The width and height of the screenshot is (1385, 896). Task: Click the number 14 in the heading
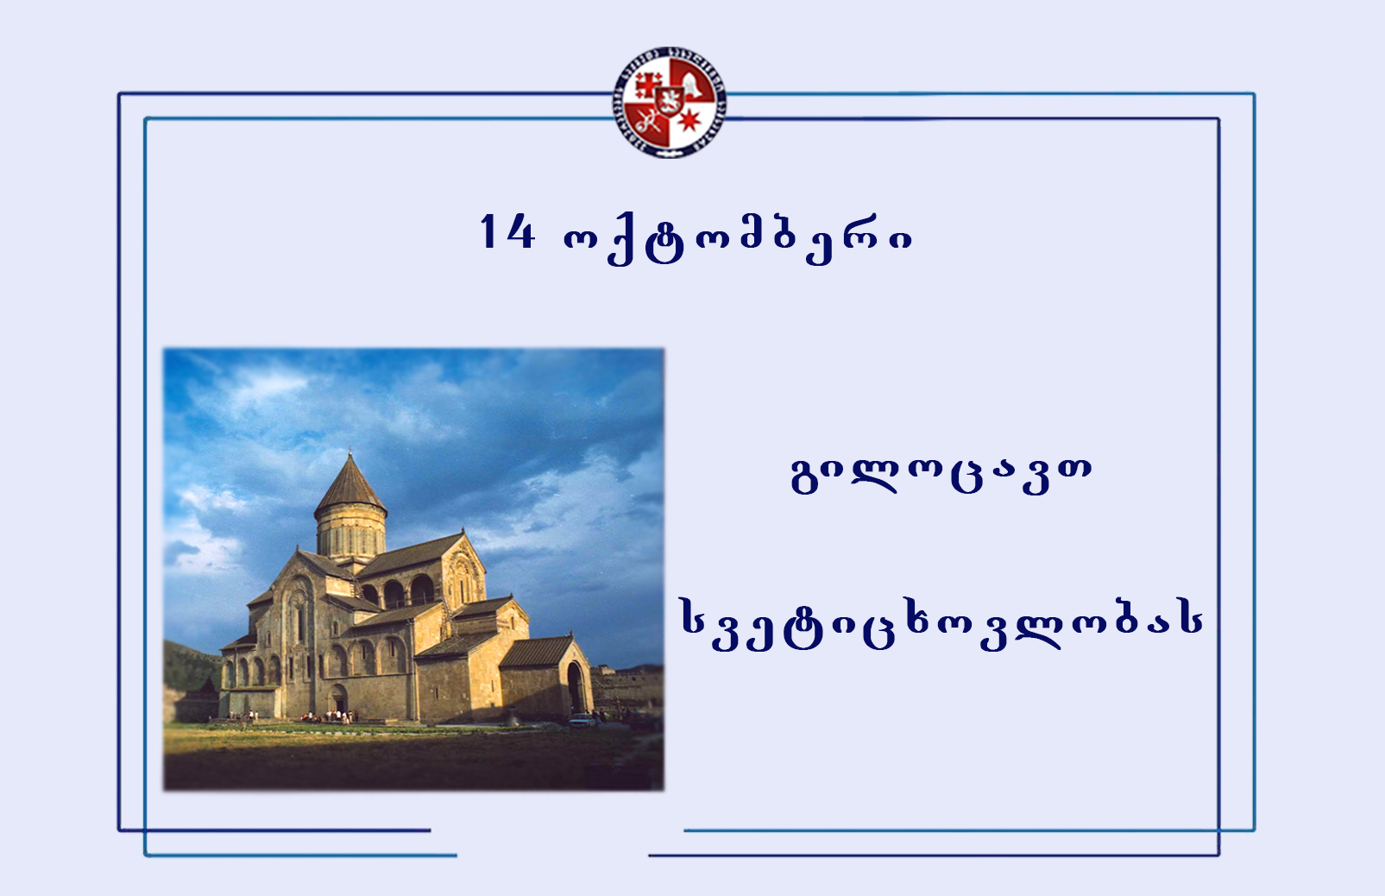pyautogui.click(x=507, y=232)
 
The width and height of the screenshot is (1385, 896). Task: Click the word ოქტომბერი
pyautogui.click(x=738, y=239)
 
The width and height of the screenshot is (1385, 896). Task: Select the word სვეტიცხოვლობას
pyautogui.click(x=941, y=624)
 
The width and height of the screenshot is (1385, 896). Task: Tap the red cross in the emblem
pyautogui.click(x=648, y=85)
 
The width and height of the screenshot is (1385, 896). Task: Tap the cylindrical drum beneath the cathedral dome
pyautogui.click(x=350, y=532)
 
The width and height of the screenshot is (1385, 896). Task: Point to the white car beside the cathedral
pyautogui.click(x=582, y=720)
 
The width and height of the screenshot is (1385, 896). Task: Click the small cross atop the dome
pyautogui.click(x=350, y=451)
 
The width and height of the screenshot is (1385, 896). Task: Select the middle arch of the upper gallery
pyautogui.click(x=393, y=594)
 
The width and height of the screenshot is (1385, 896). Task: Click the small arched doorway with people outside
pyautogui.click(x=337, y=698)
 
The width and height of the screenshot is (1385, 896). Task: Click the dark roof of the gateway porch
pyautogui.click(x=537, y=651)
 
